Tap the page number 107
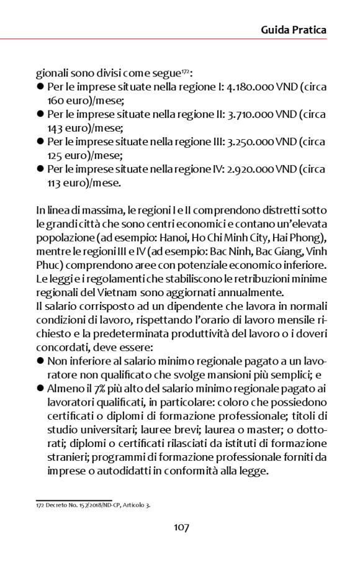coord(181,527)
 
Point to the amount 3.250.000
coord(258,142)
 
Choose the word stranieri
coord(68,457)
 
